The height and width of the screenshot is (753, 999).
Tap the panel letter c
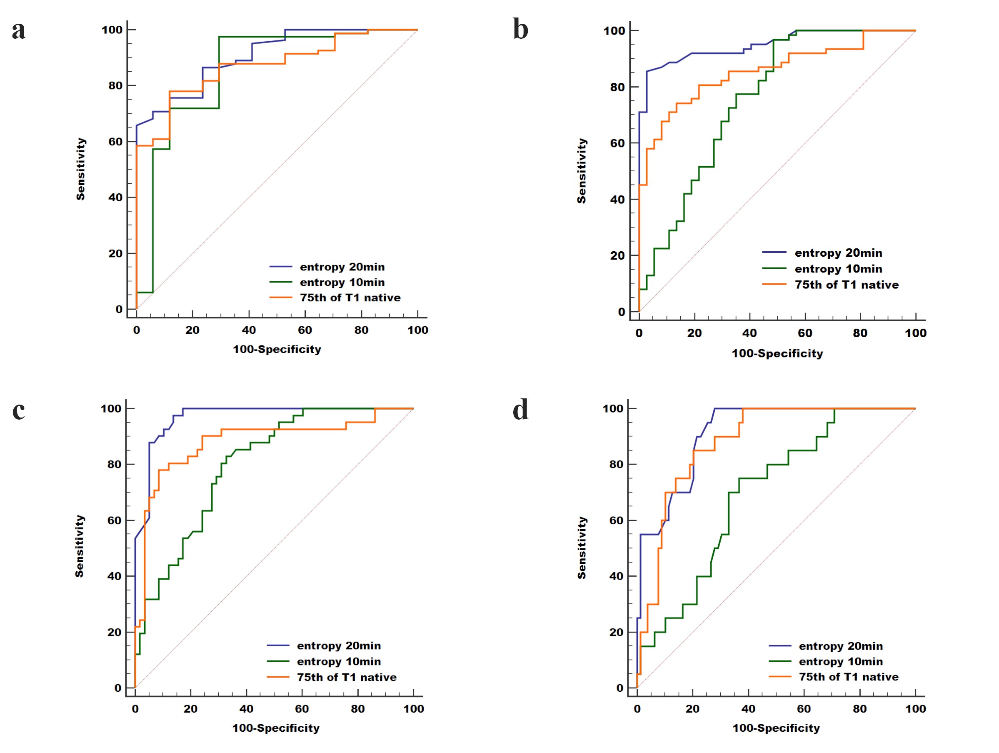[18, 410]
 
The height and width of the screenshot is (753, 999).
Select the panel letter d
[520, 410]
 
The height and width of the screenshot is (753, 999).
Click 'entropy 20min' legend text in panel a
[342, 267]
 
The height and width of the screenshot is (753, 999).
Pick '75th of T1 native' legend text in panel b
[847, 285]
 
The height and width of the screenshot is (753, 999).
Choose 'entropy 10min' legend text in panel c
[339, 661]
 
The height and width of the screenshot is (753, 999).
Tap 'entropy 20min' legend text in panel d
[840, 646]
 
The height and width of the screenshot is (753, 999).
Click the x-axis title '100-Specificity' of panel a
[277, 349]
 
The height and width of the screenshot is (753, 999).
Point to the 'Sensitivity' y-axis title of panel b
[582, 171]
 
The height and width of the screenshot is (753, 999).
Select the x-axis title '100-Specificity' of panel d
[776, 728]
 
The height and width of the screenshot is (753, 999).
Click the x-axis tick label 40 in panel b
[749, 333]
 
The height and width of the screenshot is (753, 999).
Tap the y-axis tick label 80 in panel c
[114, 464]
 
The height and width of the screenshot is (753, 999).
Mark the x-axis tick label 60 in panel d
[804, 709]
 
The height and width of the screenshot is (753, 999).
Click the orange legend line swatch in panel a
[280, 297]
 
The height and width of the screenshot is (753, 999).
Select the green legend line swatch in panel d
[780, 661]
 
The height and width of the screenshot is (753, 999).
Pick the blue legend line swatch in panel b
[774, 252]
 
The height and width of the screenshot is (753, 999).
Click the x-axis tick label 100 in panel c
[413, 709]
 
